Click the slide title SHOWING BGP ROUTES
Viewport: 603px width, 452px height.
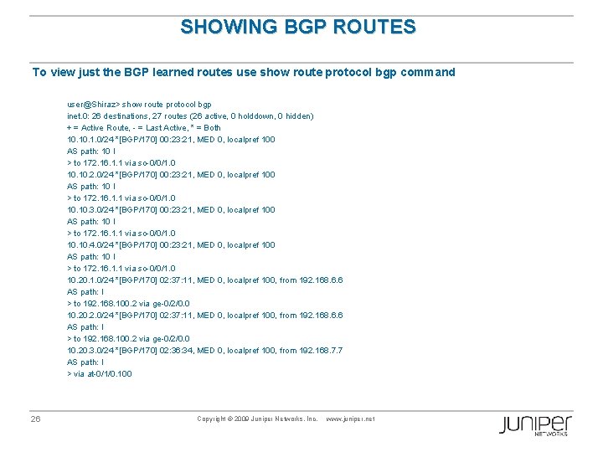(x=298, y=27)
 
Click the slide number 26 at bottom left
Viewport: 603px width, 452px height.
(x=35, y=419)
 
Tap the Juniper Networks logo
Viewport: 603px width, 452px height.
(x=535, y=424)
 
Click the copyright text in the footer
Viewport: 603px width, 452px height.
(x=257, y=419)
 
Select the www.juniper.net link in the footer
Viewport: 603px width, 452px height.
(x=349, y=419)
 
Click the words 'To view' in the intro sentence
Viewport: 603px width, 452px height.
(x=50, y=72)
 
